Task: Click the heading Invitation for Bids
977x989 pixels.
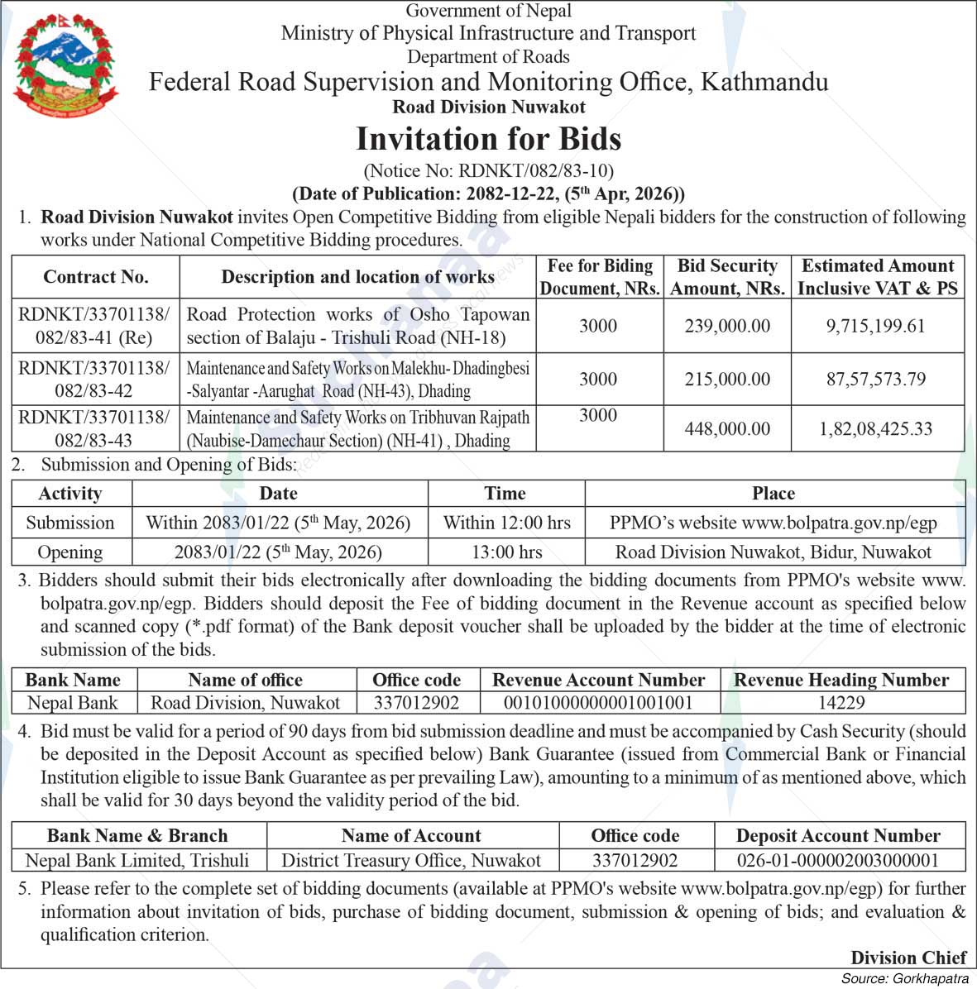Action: pos(488,139)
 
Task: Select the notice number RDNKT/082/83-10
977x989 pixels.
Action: pos(488,171)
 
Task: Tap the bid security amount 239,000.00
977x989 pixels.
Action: pos(726,326)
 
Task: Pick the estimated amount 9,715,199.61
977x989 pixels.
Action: pos(876,326)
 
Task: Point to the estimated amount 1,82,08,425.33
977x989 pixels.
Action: pos(876,428)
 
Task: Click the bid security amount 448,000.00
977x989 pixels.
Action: pos(726,428)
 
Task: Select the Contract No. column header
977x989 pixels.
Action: pos(96,277)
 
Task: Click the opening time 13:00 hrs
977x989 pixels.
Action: pos(506,552)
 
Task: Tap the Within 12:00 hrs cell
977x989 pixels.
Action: pos(506,523)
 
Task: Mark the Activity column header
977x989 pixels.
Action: pos(70,494)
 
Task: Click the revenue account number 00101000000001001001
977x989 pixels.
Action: pos(598,703)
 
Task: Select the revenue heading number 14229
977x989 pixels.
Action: pos(841,703)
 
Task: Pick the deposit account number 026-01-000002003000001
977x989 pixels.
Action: pos(837,860)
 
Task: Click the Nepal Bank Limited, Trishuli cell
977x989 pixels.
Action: pos(137,860)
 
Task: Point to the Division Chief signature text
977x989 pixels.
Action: pos(908,958)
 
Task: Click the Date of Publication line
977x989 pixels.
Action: pos(488,194)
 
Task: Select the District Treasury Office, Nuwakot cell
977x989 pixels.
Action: pos(411,860)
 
